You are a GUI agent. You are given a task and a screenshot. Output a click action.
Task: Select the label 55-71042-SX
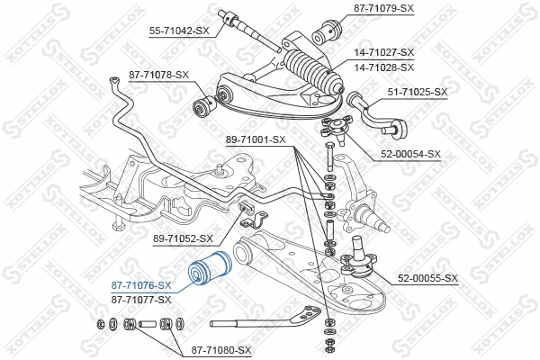(178, 31)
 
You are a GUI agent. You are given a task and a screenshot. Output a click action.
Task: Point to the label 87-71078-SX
(159, 74)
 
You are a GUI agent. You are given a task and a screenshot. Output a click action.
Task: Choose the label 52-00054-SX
(410, 153)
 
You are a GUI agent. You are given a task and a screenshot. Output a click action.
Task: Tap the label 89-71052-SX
(184, 238)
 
